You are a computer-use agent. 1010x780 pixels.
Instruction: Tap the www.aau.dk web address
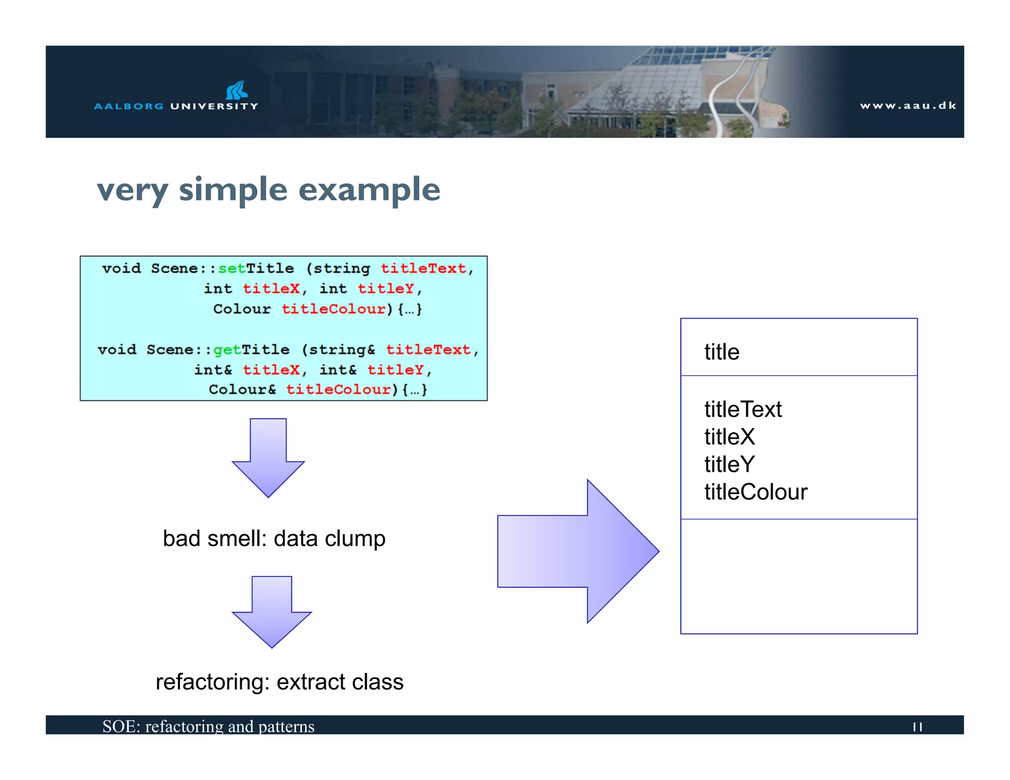tap(908, 106)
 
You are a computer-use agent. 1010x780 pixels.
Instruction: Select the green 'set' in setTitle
tap(231, 268)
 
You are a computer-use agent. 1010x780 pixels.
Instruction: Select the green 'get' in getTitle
tap(226, 350)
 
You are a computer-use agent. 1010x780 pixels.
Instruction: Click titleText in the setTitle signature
tap(423, 268)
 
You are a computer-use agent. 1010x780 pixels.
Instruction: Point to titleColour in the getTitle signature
tap(339, 390)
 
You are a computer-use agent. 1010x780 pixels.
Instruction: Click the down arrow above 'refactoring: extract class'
tap(271, 611)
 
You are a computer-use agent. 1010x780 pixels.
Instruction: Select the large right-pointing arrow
tap(578, 551)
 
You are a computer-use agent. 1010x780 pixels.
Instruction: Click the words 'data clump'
tap(329, 538)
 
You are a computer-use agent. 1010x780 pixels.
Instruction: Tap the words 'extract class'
tap(340, 682)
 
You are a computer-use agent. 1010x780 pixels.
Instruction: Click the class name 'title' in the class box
tap(721, 352)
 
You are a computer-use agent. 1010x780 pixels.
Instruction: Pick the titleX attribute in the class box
tap(729, 437)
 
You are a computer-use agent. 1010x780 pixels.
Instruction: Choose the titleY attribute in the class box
tap(729, 464)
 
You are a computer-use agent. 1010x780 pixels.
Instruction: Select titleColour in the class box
tap(756, 492)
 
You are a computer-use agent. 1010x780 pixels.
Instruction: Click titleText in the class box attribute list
tap(743, 409)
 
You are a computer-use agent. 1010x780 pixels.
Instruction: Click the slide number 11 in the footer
tap(917, 727)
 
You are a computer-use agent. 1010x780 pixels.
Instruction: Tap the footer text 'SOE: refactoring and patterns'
tap(208, 726)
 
